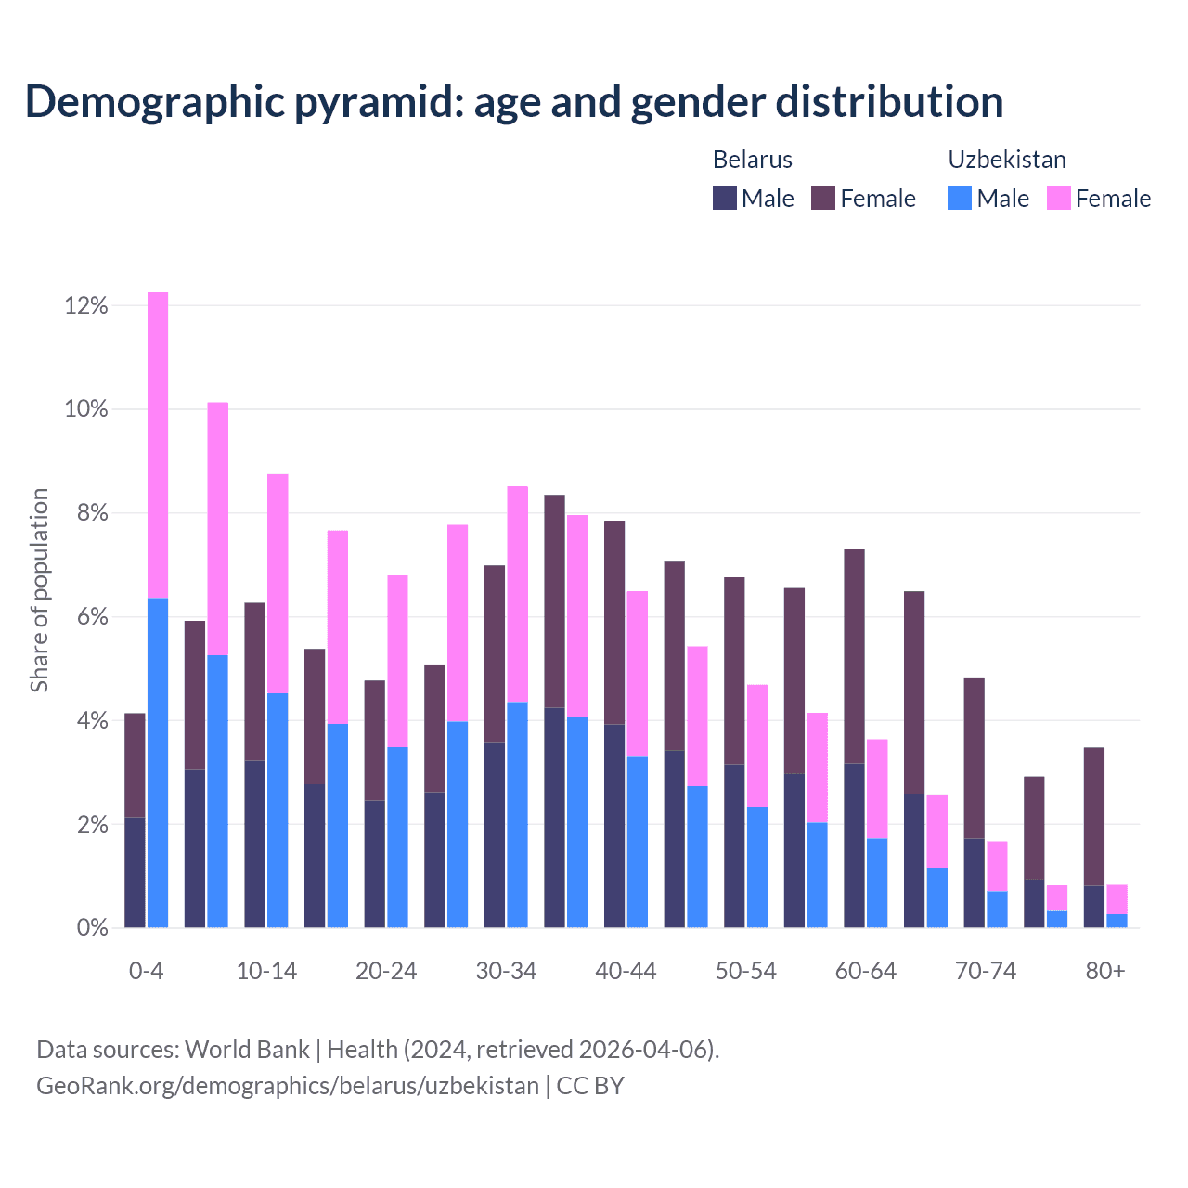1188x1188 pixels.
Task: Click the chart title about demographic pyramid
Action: pyautogui.click(x=514, y=101)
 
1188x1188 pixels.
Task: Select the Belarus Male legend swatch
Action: pyautogui.click(x=725, y=198)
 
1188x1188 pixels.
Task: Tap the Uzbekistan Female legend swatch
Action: pyautogui.click(x=1059, y=198)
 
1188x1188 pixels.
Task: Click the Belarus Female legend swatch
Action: pyautogui.click(x=823, y=198)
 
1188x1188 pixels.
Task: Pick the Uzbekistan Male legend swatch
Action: pyautogui.click(x=960, y=198)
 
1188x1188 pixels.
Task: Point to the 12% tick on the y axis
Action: pyautogui.click(x=86, y=305)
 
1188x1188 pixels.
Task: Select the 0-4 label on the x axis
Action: pyautogui.click(x=147, y=971)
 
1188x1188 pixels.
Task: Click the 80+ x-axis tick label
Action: pyautogui.click(x=1105, y=971)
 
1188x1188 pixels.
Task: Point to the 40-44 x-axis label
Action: pyautogui.click(x=626, y=971)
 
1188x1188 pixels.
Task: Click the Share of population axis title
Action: pyautogui.click(x=40, y=590)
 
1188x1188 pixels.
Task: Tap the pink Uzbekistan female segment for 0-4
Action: pyautogui.click(x=158, y=445)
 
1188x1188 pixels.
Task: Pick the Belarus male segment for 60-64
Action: pyautogui.click(x=854, y=845)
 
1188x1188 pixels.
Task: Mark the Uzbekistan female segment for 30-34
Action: pyautogui.click(x=518, y=594)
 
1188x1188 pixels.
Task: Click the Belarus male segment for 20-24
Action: pyautogui.click(x=375, y=863)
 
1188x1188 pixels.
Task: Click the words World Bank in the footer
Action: pyautogui.click(x=247, y=1050)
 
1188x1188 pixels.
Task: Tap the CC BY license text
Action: pyautogui.click(x=590, y=1086)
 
